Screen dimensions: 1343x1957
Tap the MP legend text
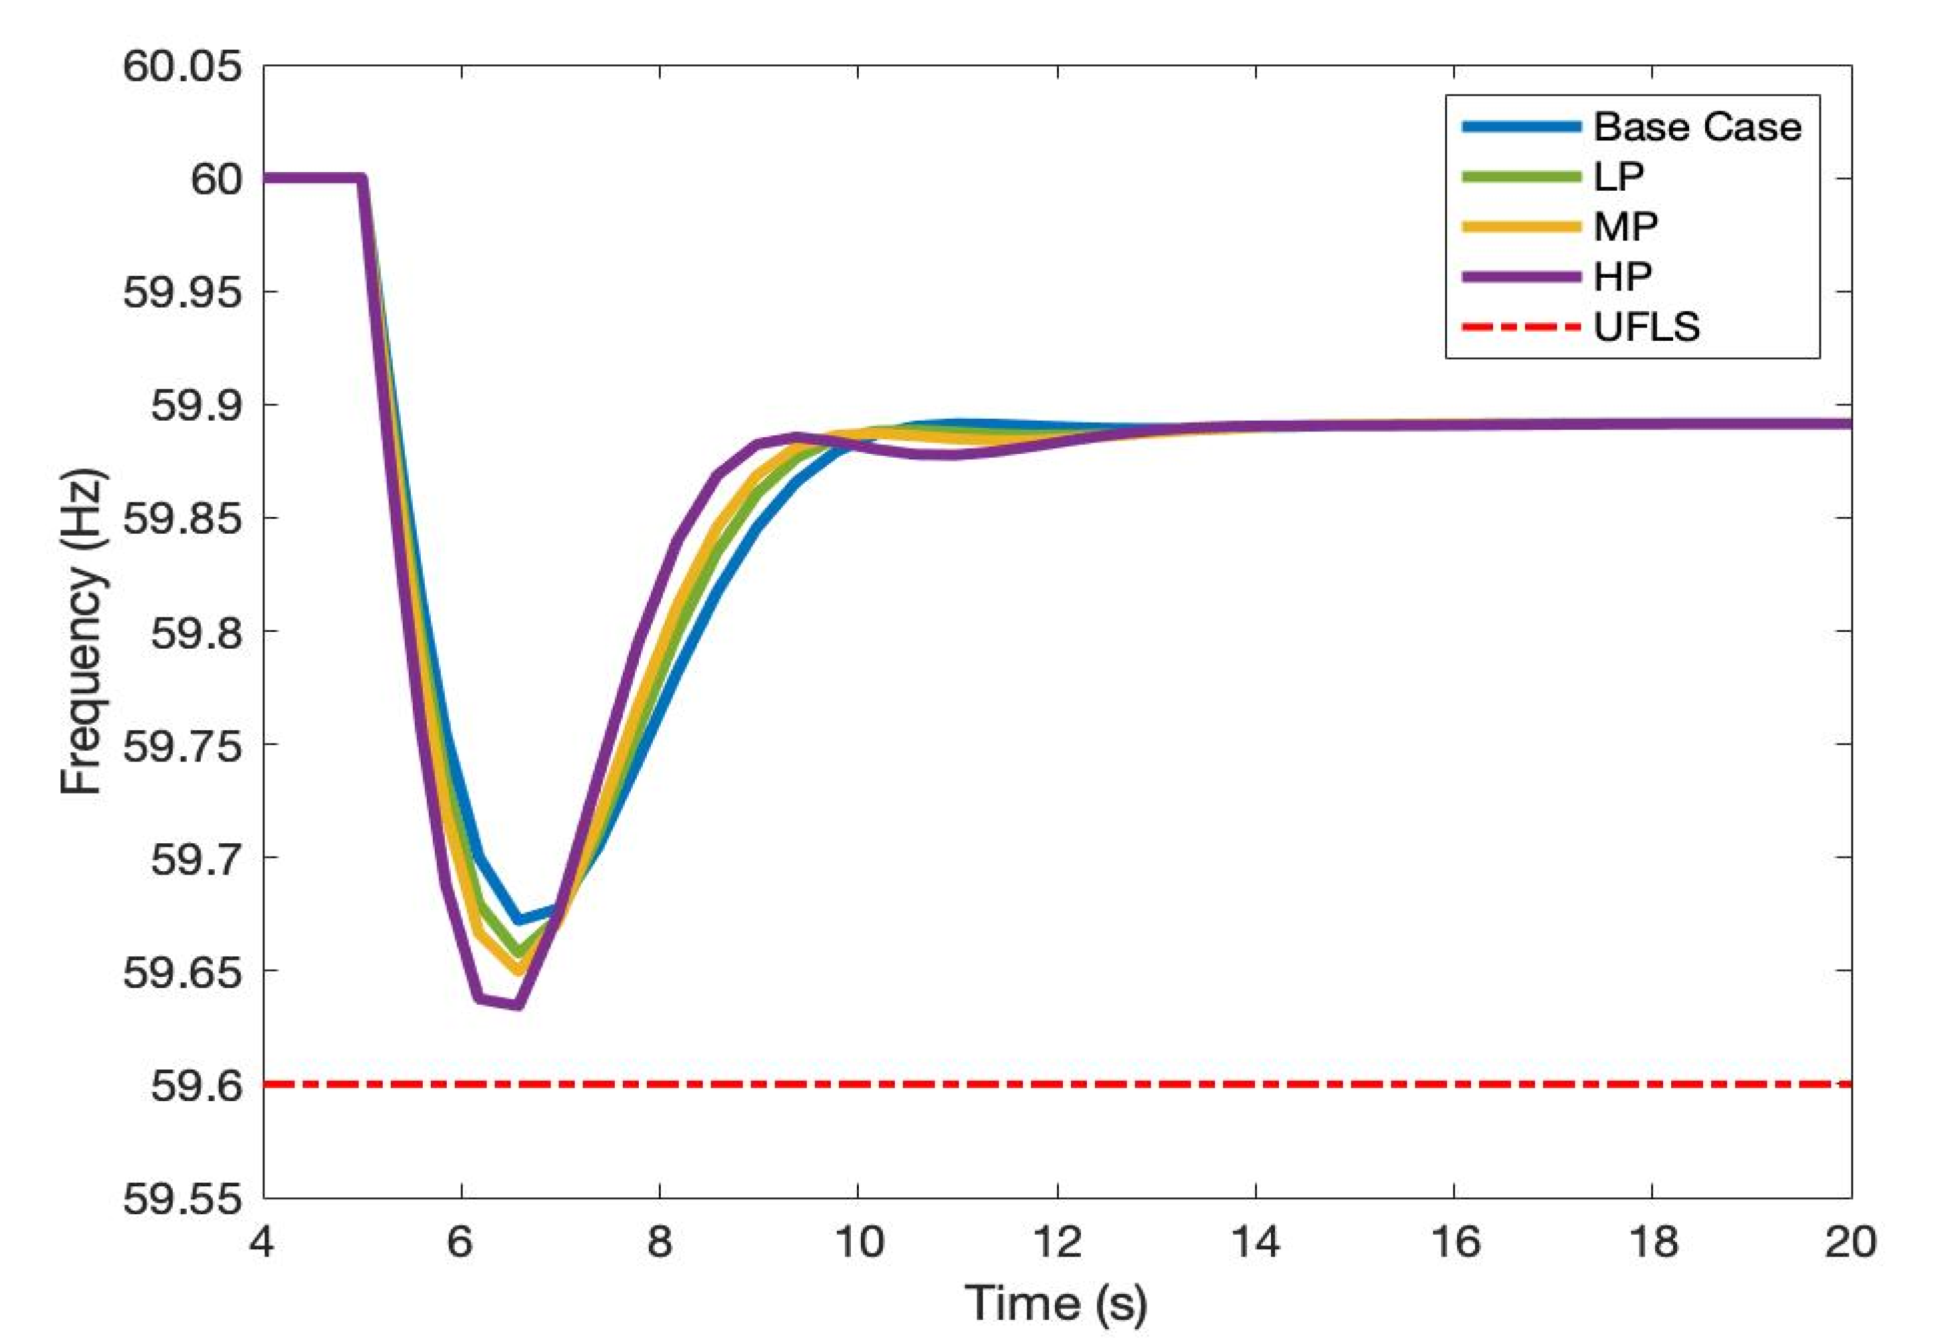click(x=1625, y=227)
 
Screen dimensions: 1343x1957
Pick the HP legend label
click(x=1622, y=276)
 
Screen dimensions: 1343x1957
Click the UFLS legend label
click(x=1647, y=327)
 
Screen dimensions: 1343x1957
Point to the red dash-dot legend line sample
click(x=1521, y=327)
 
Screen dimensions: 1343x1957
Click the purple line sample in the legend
click(x=1521, y=276)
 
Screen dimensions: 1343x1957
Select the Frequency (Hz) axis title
click(x=82, y=631)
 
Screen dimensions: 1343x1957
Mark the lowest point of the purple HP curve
click(x=517, y=1005)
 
